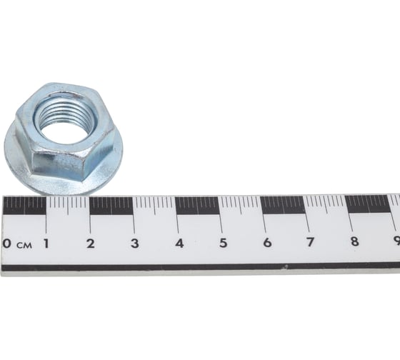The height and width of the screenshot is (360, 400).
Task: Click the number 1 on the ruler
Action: pyautogui.click(x=46, y=244)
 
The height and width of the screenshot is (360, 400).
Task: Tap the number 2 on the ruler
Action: pyautogui.click(x=90, y=244)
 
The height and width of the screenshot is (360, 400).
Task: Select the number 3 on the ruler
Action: pyautogui.click(x=135, y=244)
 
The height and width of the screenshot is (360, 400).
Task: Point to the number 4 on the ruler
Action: pyautogui.click(x=179, y=243)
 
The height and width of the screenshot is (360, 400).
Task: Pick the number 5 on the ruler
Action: pyautogui.click(x=223, y=243)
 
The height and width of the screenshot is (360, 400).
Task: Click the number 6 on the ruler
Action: pyautogui.click(x=267, y=242)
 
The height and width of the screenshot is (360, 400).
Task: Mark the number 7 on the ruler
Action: pyautogui.click(x=311, y=242)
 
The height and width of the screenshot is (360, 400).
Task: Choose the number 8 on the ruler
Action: pyautogui.click(x=355, y=241)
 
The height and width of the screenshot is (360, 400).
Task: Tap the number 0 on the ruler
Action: pyautogui.click(x=7, y=244)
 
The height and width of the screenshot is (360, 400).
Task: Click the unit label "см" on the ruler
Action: pyautogui.click(x=24, y=246)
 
